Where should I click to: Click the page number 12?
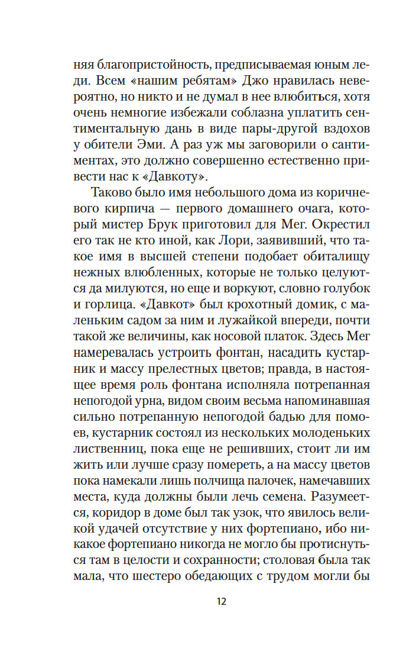(221, 602)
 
